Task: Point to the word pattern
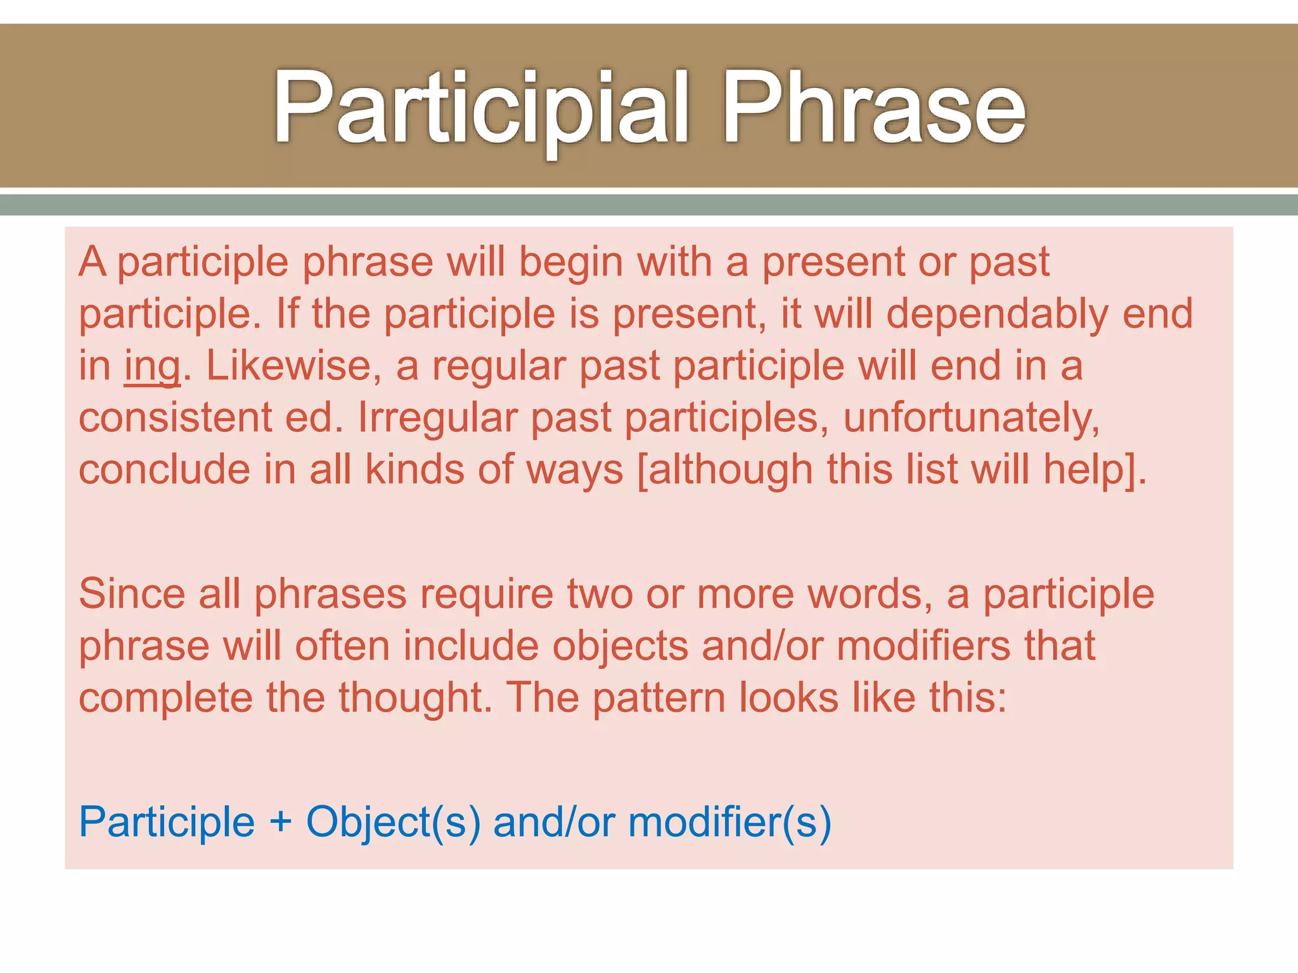coord(659,698)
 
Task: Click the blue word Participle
coord(167,823)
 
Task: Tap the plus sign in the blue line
coord(280,823)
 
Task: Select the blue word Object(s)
coord(393,823)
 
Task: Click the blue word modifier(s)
coord(729,823)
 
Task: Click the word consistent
coord(175,418)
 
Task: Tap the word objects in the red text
coord(620,646)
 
